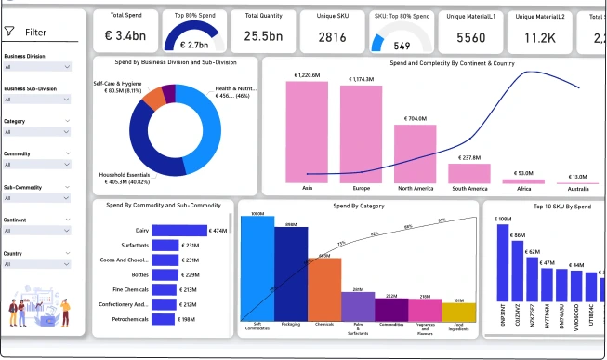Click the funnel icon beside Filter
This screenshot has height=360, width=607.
[10, 32]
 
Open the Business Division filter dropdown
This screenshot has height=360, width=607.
[38, 67]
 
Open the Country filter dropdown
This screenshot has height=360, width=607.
[38, 264]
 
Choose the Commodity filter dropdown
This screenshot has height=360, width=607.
[38, 165]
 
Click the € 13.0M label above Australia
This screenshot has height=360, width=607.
[578, 177]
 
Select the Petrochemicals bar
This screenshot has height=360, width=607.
[165, 319]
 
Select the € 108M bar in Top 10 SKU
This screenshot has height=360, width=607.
[505, 279]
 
